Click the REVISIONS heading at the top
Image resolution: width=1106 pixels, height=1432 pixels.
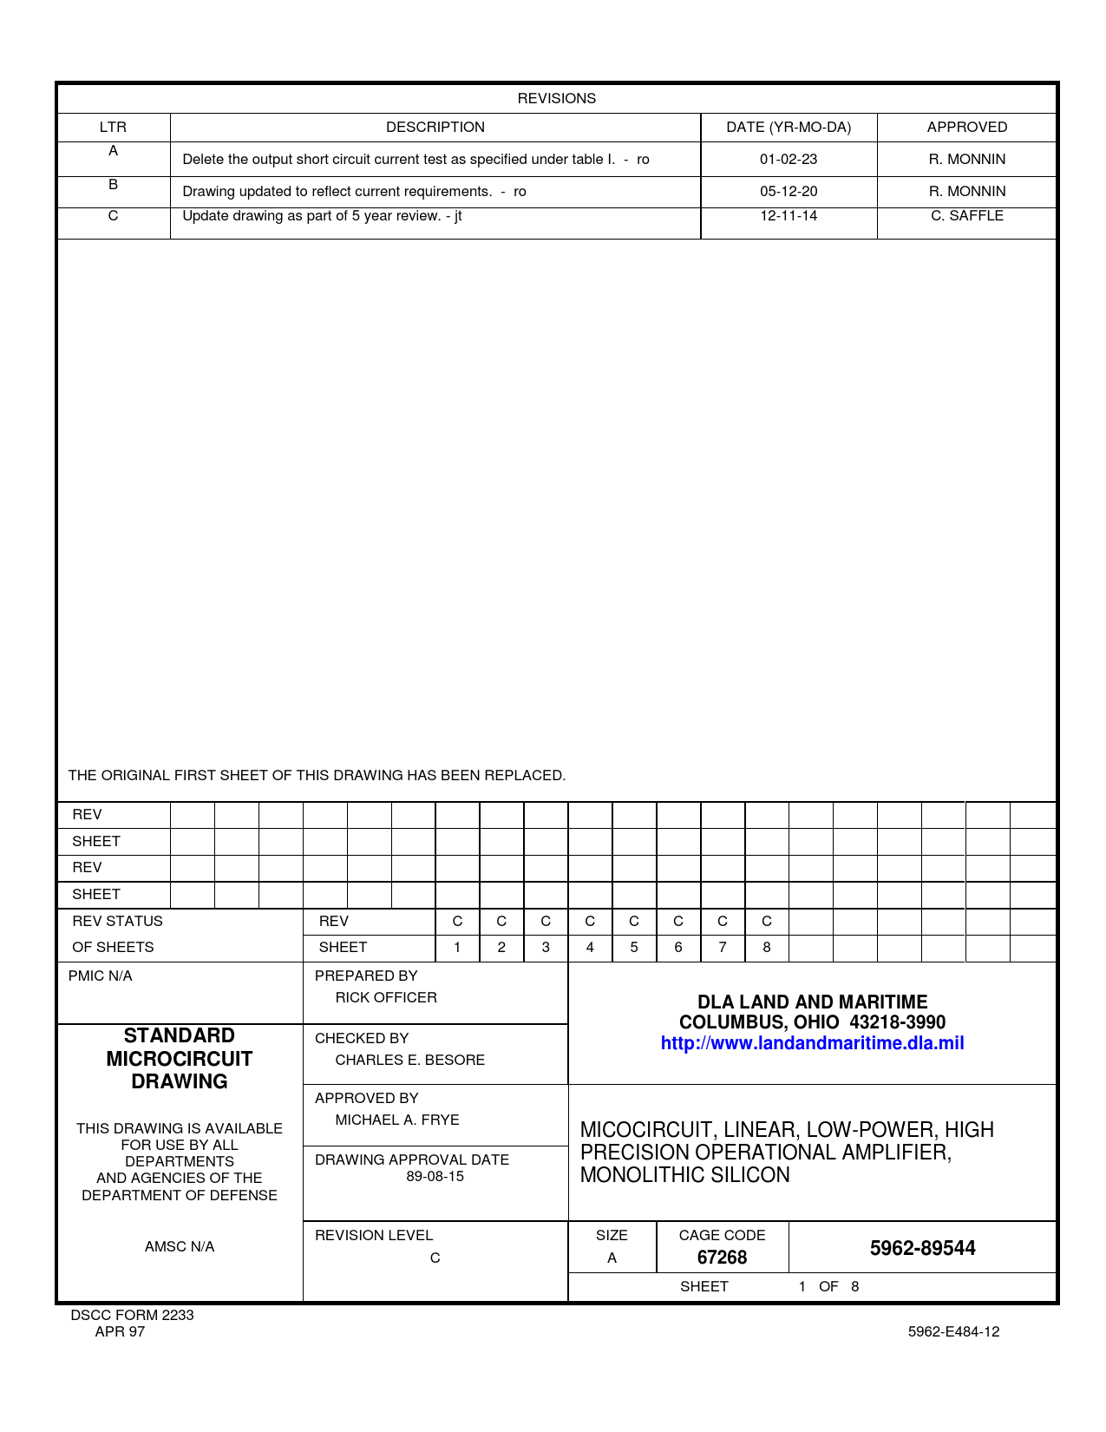(556, 98)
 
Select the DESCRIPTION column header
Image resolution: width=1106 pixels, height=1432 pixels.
(435, 127)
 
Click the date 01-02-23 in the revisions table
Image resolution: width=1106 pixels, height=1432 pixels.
(789, 159)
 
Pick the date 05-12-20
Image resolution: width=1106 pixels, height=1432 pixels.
(789, 191)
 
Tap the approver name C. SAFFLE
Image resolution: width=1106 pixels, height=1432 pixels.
(966, 215)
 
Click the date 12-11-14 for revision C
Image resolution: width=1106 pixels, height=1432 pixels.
(789, 215)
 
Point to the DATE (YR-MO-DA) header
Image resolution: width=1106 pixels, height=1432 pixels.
(789, 127)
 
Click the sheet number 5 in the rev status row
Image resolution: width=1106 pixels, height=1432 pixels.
(634, 947)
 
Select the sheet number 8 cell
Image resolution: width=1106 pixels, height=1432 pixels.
(767, 947)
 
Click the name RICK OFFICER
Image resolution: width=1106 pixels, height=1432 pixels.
(386, 997)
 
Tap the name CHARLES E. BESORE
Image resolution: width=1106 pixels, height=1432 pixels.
(409, 1060)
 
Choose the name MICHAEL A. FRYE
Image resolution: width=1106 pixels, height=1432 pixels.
(397, 1120)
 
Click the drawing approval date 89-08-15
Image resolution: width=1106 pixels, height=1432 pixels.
(435, 1176)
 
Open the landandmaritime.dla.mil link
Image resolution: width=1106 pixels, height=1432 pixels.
(812, 1043)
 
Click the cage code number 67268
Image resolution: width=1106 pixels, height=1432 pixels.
(722, 1257)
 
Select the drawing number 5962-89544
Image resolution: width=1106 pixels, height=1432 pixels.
(922, 1248)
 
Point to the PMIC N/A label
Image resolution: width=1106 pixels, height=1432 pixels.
(101, 975)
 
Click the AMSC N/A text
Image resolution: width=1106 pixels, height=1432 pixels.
(180, 1246)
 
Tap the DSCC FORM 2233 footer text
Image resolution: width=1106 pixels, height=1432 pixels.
(132, 1315)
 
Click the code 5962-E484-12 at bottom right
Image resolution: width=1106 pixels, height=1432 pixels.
(953, 1331)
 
